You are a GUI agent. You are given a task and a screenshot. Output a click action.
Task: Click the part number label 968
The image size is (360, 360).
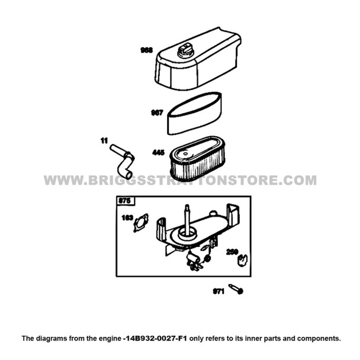[146, 51]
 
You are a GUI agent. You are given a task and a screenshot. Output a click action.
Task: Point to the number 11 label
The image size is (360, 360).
[104, 141]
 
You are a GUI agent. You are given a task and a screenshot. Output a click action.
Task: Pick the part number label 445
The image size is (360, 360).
[158, 153]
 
